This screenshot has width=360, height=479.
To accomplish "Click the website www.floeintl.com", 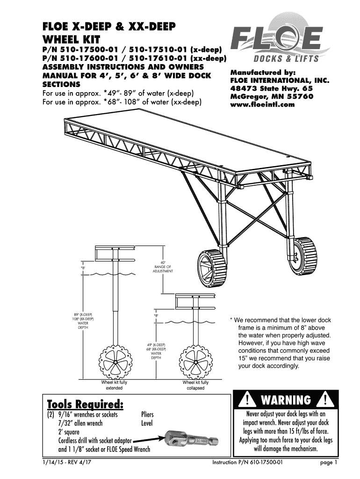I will pyautogui.click(x=262, y=105).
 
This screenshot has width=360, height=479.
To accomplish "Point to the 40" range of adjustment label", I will pyautogui.click(x=163, y=267).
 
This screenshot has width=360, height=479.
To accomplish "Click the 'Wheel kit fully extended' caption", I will pyautogui.click(x=114, y=385).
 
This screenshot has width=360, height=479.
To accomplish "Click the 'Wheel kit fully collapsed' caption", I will pyautogui.click(x=195, y=385).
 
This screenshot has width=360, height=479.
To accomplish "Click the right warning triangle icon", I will pyautogui.click(x=324, y=401).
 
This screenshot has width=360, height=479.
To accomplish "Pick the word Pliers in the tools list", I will pyautogui.click(x=147, y=414).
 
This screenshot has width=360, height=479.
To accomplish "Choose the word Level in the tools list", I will pyautogui.click(x=147, y=423).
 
